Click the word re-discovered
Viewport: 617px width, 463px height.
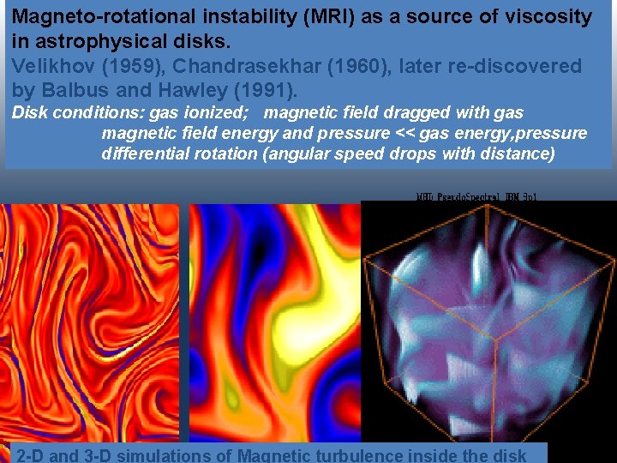[518, 66]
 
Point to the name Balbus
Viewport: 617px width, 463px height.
[71, 89]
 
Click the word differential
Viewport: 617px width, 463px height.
[144, 154]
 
